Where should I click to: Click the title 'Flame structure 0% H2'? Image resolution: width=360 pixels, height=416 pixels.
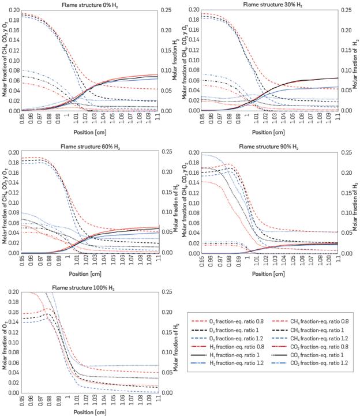click(91, 5)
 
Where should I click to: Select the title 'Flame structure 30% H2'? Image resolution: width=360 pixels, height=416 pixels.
click(270, 5)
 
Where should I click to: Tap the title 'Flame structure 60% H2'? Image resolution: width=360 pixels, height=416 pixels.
click(91, 146)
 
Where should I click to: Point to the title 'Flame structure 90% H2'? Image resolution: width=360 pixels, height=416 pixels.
click(270, 146)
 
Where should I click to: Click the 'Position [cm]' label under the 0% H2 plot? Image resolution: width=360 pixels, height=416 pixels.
click(91, 131)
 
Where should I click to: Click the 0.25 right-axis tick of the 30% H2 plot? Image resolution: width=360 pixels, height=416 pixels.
click(343, 10)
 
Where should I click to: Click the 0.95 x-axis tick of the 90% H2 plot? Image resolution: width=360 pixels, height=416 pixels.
click(203, 260)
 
